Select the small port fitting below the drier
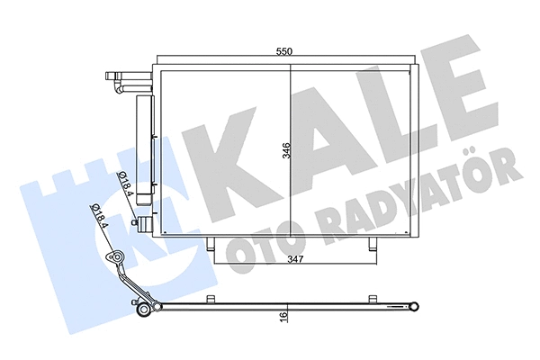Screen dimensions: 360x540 click(x=137, y=220)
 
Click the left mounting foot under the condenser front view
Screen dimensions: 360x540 click(x=211, y=243)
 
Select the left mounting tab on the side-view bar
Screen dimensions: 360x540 click(x=210, y=299)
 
